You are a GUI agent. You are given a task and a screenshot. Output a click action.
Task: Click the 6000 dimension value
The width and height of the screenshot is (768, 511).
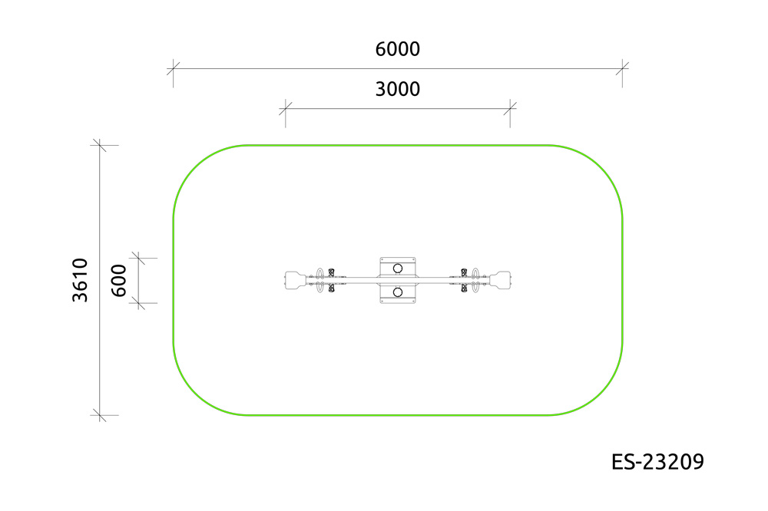(397, 49)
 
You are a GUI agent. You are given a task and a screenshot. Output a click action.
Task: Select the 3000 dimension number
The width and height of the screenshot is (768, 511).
(397, 90)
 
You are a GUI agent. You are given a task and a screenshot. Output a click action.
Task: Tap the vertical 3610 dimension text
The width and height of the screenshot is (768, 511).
(80, 280)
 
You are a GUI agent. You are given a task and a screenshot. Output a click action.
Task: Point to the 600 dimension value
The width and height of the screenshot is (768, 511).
(119, 281)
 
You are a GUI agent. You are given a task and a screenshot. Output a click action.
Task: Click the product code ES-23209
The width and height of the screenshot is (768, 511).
(657, 462)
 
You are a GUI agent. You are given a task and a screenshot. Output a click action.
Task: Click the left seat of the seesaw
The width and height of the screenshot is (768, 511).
(296, 281)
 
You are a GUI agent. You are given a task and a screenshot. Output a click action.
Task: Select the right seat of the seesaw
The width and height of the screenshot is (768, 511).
(500, 281)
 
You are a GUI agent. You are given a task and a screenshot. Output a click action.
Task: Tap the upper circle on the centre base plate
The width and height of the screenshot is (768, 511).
(398, 269)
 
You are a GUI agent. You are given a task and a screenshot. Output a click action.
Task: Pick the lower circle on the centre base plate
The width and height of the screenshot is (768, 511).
(398, 292)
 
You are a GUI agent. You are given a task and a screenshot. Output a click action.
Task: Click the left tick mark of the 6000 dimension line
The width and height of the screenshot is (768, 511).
(174, 68)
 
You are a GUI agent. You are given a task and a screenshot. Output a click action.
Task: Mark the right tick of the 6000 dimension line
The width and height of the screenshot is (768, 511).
(622, 68)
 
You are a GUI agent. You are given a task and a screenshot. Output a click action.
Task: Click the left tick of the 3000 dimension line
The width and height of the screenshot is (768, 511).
(286, 109)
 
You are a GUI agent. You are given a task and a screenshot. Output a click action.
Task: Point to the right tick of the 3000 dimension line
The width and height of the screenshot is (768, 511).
(510, 109)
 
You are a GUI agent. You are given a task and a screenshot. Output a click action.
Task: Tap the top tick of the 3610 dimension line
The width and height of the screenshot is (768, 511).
(99, 145)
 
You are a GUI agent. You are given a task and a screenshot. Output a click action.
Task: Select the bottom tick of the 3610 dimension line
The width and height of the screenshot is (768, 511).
(99, 415)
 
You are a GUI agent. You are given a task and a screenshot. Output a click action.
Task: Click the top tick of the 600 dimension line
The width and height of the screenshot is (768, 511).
(138, 258)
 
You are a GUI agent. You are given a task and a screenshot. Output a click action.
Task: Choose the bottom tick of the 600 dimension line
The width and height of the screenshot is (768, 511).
(138, 303)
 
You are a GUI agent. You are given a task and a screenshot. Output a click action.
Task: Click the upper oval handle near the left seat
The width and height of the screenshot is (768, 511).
(319, 273)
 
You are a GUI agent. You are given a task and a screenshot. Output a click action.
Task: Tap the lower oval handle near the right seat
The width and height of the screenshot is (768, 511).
(475, 287)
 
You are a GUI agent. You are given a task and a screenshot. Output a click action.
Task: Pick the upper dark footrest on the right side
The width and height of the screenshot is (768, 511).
(464, 272)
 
